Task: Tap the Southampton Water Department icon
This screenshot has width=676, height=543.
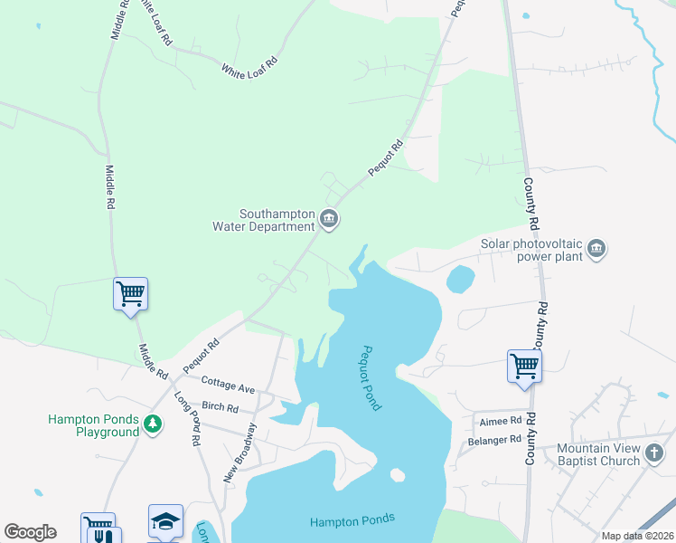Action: point(329,218)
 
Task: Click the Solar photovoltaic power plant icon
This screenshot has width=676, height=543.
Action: point(596,248)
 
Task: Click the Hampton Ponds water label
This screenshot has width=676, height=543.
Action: point(352,519)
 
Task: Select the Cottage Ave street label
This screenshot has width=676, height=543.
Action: point(229,384)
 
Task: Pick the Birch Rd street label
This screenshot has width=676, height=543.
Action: point(220,406)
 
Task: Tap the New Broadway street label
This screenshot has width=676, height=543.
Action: point(239,452)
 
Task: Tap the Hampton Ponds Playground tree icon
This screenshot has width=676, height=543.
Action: point(153,424)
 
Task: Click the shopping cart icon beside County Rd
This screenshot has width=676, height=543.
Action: point(523,366)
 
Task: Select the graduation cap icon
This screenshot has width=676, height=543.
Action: point(165,520)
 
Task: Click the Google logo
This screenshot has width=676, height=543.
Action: point(30,532)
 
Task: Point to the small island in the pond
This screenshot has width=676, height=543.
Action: point(397,474)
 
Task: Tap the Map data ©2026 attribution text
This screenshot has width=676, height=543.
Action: point(637,536)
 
